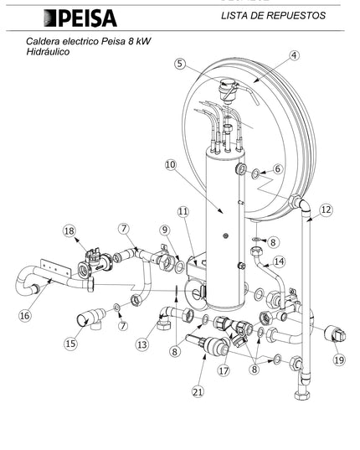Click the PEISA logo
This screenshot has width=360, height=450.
click(80, 18)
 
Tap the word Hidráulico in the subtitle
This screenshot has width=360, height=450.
click(48, 52)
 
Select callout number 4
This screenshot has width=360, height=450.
click(294, 55)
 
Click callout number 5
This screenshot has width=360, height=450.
click(180, 64)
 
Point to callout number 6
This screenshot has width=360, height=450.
click(277, 168)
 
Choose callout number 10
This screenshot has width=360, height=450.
click(171, 165)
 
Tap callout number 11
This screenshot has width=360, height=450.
click(183, 211)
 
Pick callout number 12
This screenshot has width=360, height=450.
click(326, 209)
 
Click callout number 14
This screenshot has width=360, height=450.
click(279, 261)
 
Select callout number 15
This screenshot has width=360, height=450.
click(70, 344)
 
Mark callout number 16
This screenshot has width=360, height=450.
click(24, 316)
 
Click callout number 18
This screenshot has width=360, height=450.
click(69, 230)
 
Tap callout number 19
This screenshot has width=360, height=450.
click(339, 359)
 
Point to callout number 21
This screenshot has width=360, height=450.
click(198, 391)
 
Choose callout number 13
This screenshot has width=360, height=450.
click(142, 344)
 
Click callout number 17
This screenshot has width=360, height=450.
click(224, 370)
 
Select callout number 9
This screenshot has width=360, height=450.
click(165, 230)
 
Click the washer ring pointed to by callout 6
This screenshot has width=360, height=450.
click(255, 173)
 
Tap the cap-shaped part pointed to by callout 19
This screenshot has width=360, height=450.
click(335, 334)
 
